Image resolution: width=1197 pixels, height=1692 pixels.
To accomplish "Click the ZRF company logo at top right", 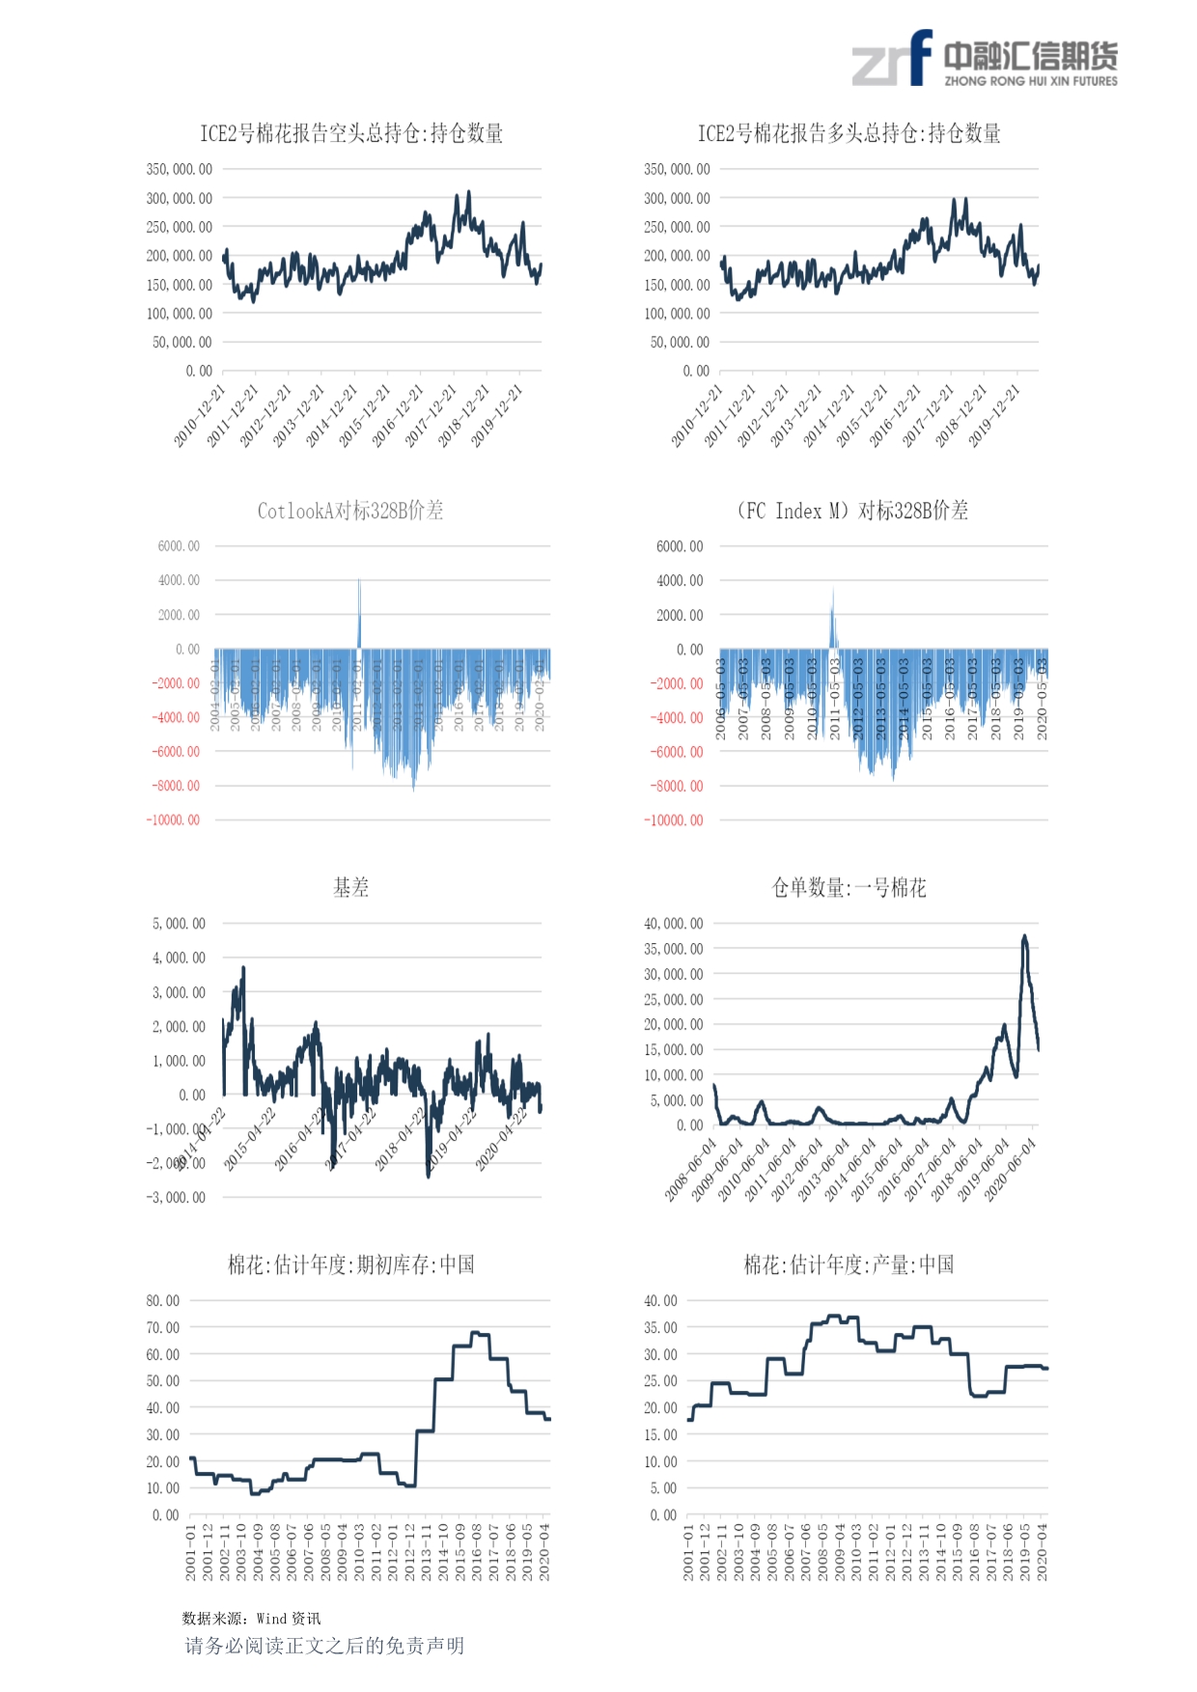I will point(984,59).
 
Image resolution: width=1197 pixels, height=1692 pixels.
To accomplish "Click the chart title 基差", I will point(350,888).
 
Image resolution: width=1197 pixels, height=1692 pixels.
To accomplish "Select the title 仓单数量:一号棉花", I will point(849,888).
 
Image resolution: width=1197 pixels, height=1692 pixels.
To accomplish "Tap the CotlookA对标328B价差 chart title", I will point(350,511).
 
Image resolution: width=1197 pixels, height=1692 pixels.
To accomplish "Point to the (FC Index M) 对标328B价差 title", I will point(851,511).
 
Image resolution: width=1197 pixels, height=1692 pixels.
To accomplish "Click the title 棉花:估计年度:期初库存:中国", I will point(350,1264).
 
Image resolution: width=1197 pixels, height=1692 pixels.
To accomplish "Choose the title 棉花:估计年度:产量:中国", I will point(849,1264).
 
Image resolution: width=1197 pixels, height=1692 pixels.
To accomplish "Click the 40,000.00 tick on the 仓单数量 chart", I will point(674,924).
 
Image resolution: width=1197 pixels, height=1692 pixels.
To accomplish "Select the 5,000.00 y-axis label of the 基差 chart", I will point(179,924).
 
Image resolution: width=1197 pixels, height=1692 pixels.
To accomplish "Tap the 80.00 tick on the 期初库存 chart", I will point(163,1301).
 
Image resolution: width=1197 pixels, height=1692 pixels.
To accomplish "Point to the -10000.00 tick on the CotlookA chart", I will point(173,820).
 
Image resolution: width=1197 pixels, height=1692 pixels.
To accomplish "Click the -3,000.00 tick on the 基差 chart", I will point(176,1198).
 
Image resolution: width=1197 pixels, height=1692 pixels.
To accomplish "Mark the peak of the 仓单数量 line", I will point(1024,935).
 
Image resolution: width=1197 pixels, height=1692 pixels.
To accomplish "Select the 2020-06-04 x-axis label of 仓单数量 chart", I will point(1011,1169).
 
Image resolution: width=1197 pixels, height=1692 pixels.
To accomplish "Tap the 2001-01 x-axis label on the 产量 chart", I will point(689,1552).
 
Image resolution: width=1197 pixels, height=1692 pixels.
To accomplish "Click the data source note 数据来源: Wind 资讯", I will point(251,1619).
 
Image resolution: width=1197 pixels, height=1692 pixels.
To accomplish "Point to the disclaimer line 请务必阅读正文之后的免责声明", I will point(324,1646).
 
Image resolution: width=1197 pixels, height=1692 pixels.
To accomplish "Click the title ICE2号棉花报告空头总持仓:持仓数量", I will point(351,133).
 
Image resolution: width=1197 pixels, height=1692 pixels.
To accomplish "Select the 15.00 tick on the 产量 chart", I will point(661,1435).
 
